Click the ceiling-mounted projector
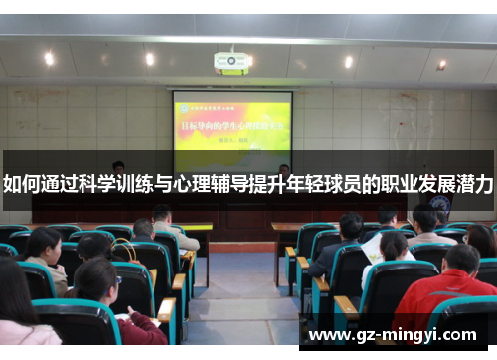(231, 63)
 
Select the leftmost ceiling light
(49, 58)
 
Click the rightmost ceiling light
(441, 65)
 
